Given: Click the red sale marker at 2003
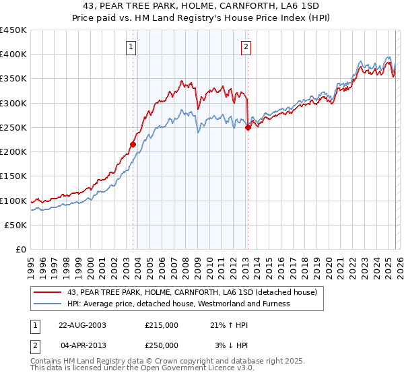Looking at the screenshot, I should [x=133, y=143].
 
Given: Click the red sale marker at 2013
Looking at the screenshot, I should [x=248, y=127].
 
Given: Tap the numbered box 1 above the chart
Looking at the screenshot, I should [x=131, y=47].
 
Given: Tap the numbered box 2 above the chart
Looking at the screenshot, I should [x=246, y=47].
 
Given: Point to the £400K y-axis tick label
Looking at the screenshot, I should [x=13, y=55].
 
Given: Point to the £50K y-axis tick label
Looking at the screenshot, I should [x=16, y=226].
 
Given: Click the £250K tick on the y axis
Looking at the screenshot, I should [x=13, y=128].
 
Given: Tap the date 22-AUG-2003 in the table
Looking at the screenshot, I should [x=82, y=324].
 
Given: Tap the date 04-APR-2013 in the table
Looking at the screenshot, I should [x=82, y=345].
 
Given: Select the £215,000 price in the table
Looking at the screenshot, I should [x=162, y=324].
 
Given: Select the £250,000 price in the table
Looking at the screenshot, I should [x=162, y=345].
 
